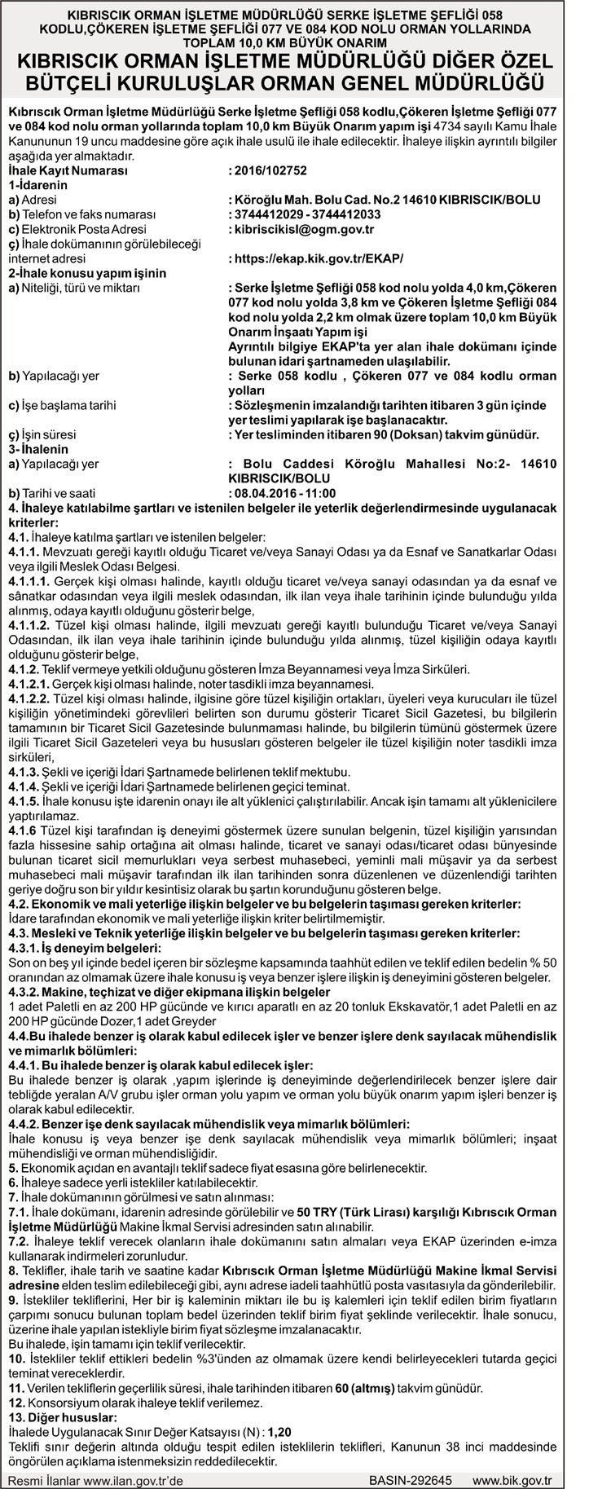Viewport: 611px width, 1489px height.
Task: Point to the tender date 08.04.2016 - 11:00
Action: [284, 493]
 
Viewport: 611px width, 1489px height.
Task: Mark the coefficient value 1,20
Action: [279, 1430]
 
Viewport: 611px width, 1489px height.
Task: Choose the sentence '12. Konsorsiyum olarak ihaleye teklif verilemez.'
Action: [135, 1402]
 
